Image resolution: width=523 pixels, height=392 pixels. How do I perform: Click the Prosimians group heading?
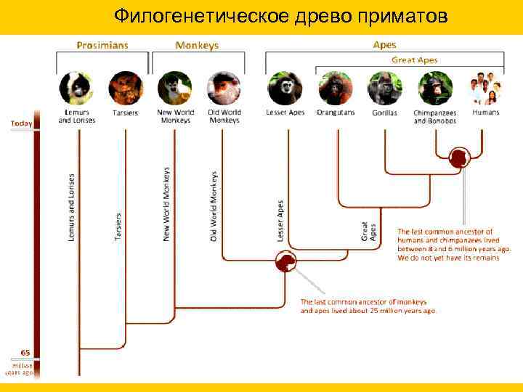point(102,45)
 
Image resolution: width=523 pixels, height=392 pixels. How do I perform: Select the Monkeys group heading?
point(197,45)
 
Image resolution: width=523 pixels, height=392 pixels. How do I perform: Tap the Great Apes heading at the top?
point(415,60)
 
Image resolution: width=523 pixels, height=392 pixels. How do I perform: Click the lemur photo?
point(76,89)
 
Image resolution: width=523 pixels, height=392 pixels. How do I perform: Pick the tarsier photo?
point(125,89)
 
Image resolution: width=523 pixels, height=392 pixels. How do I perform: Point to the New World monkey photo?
point(174,89)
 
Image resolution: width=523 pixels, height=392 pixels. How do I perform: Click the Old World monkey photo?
point(224,89)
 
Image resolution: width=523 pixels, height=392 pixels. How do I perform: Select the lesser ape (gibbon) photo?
point(285,89)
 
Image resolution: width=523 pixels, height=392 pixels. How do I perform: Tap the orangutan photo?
point(335,89)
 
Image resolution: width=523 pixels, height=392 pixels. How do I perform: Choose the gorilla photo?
point(384,89)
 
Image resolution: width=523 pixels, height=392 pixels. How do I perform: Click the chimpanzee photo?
point(434,89)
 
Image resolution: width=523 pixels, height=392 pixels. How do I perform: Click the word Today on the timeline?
point(21,123)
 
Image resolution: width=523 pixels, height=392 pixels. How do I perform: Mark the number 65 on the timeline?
point(25,352)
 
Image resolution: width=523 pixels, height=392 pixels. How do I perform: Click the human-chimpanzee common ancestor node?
point(459,156)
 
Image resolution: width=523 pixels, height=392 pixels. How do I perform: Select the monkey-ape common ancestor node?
point(285,261)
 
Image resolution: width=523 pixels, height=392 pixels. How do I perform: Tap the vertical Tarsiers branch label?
point(118,226)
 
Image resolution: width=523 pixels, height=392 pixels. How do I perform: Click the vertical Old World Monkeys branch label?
point(214,207)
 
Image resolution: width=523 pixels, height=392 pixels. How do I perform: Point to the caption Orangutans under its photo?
point(336,113)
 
